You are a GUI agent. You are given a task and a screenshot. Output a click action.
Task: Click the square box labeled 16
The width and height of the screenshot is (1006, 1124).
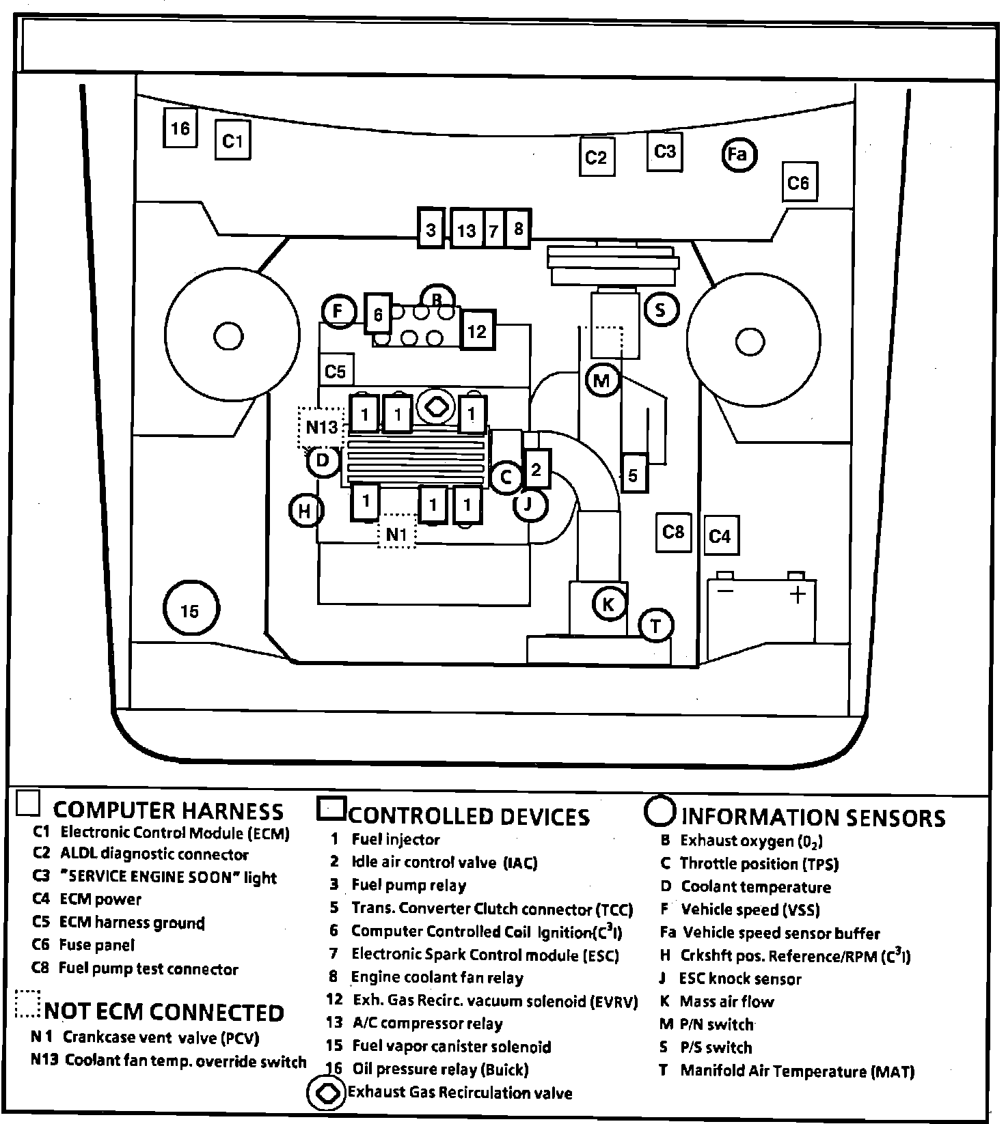(x=180, y=128)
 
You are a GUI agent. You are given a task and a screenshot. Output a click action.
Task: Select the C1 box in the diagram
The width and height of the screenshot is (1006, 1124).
(x=232, y=140)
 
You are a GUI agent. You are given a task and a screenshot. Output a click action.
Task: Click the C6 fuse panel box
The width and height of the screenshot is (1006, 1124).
(x=798, y=182)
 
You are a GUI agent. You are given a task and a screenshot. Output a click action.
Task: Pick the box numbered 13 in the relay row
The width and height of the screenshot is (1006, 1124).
(x=466, y=229)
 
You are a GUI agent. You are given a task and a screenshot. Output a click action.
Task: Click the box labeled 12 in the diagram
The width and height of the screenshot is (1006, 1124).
(x=477, y=331)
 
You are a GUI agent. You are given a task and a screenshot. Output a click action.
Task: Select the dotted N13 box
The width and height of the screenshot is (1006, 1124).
(x=321, y=427)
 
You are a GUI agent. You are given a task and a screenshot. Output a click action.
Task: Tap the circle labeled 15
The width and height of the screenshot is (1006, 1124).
(x=191, y=609)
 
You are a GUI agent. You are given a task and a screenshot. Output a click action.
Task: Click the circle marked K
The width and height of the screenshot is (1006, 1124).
(x=608, y=604)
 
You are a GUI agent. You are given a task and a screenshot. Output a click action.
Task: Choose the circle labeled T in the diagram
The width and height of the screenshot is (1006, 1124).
(x=655, y=625)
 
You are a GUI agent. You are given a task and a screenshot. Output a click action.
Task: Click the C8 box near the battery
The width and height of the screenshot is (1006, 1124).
(x=673, y=531)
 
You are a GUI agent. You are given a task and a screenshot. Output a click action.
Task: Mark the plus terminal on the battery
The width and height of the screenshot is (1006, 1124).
(x=797, y=594)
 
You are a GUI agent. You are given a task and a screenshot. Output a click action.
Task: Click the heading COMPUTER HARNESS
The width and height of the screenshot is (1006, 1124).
(x=167, y=811)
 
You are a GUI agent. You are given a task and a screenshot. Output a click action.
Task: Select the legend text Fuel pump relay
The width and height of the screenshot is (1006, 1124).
(x=408, y=886)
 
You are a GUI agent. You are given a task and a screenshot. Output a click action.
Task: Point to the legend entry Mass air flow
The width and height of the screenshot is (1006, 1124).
(x=726, y=1002)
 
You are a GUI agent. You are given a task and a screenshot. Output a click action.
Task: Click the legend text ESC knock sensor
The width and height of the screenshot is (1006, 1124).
(x=739, y=979)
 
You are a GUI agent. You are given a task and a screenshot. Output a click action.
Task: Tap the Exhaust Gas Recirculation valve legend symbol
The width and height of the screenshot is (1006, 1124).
(x=327, y=1093)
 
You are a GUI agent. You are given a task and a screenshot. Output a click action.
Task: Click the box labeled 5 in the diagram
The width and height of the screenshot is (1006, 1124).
(x=633, y=474)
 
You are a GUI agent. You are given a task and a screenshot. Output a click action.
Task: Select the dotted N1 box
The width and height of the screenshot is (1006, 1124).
(x=397, y=533)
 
